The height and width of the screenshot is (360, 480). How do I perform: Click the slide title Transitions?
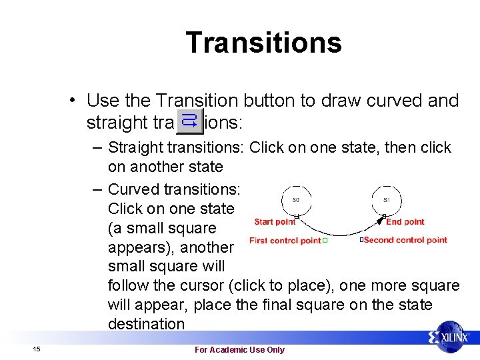point(263,43)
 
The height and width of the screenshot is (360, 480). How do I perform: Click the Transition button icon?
point(189,121)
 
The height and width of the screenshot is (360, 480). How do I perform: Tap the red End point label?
point(405,222)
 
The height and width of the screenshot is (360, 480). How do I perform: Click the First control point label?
point(285,241)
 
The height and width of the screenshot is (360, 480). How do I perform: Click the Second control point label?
point(405,240)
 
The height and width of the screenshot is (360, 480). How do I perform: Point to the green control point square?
point(325,240)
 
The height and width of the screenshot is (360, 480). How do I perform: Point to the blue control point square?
point(361,239)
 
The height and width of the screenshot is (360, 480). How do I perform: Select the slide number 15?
point(37,349)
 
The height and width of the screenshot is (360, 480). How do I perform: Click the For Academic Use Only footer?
point(239,349)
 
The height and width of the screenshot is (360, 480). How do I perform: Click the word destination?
point(146,324)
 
